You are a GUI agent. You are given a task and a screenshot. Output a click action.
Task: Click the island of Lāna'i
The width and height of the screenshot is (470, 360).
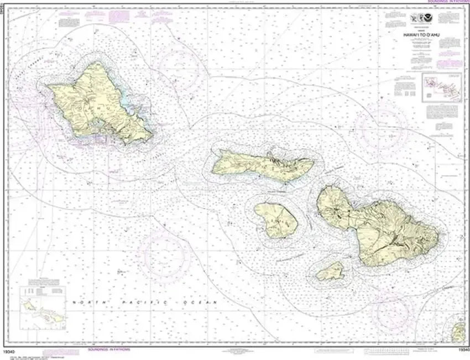tap(276, 220)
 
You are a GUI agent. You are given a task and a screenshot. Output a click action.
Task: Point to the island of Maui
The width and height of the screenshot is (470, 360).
tap(382, 224)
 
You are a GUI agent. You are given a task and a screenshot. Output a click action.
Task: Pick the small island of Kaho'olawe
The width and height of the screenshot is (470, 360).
tap(331, 272)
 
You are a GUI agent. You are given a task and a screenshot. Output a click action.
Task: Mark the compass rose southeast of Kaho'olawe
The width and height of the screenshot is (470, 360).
tap(394, 312)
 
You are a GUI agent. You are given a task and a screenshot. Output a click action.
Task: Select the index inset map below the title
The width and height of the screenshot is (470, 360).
tap(441, 87)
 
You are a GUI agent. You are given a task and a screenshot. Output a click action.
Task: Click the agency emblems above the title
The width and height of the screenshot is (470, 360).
tap(423, 20)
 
